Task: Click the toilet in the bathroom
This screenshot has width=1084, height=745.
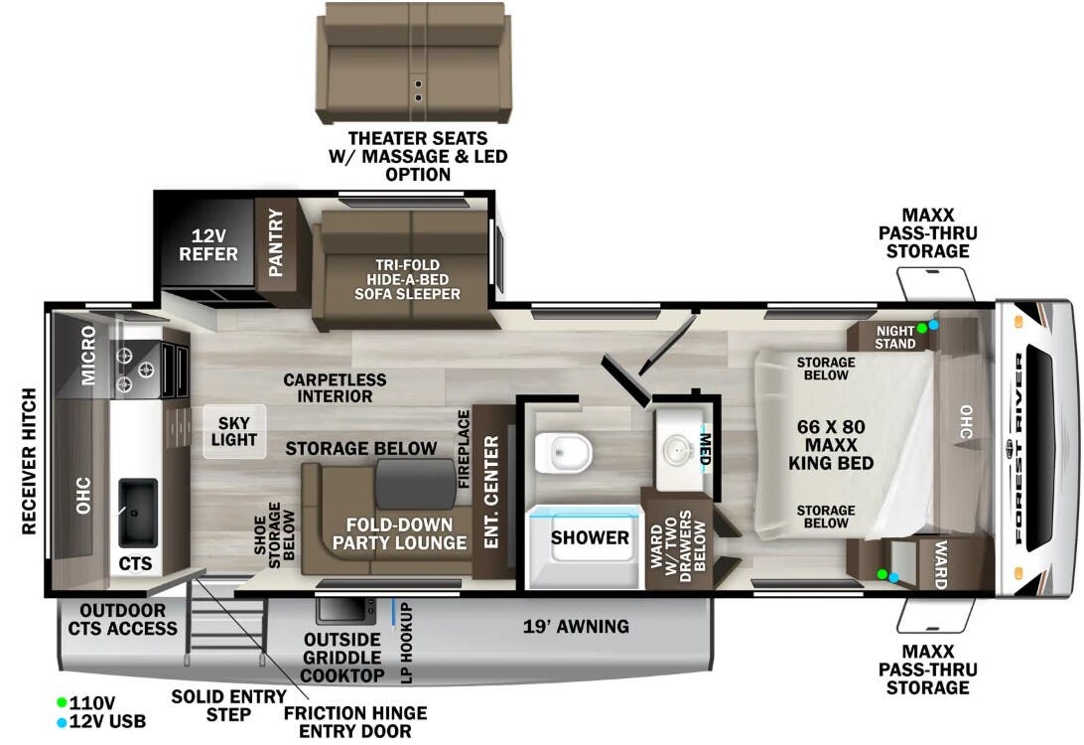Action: click(562, 453)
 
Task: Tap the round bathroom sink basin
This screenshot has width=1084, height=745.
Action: click(680, 445)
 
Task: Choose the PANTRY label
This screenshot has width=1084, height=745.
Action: click(276, 242)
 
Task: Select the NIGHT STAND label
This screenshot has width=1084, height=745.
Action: click(894, 336)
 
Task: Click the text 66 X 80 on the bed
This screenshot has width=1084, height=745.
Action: click(831, 426)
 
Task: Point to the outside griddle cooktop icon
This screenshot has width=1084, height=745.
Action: click(343, 609)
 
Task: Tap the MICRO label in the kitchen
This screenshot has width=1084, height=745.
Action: click(87, 356)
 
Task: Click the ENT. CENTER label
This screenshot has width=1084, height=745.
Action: click(491, 491)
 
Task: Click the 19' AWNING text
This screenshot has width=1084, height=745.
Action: click(576, 627)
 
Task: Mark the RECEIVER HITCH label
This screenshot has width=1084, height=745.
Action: click(29, 460)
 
